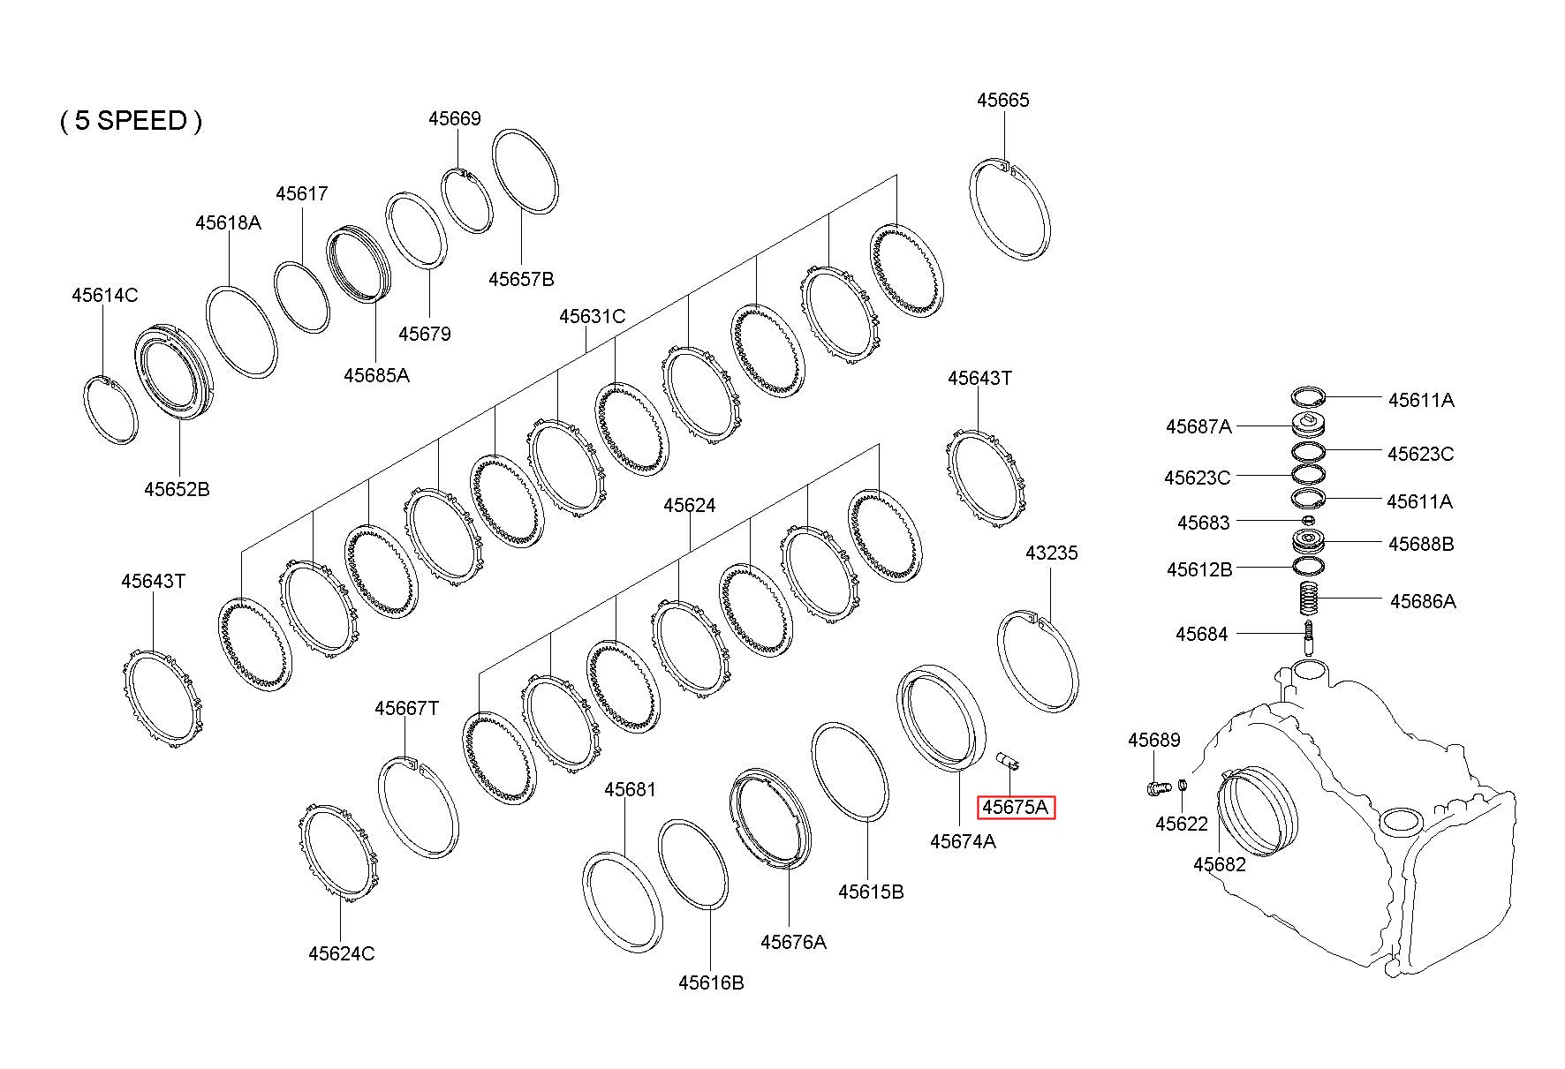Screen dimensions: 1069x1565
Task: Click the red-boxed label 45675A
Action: (1015, 807)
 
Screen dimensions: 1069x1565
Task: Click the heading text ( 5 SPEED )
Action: (131, 120)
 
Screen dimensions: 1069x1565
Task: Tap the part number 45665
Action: (1002, 100)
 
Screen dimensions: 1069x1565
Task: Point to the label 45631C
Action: (592, 316)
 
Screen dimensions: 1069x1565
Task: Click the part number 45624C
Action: (341, 953)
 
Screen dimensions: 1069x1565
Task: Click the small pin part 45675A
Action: (1007, 760)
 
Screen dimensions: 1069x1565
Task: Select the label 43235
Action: (1051, 553)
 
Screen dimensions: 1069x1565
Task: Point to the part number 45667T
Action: (406, 708)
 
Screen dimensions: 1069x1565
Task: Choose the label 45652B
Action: (177, 488)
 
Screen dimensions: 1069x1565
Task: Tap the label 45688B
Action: (1420, 544)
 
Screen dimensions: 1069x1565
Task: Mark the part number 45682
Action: (1219, 864)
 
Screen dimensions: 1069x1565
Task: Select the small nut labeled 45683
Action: (1309, 521)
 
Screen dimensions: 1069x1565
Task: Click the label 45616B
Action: (711, 982)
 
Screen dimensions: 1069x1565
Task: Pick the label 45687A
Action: (1198, 426)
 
